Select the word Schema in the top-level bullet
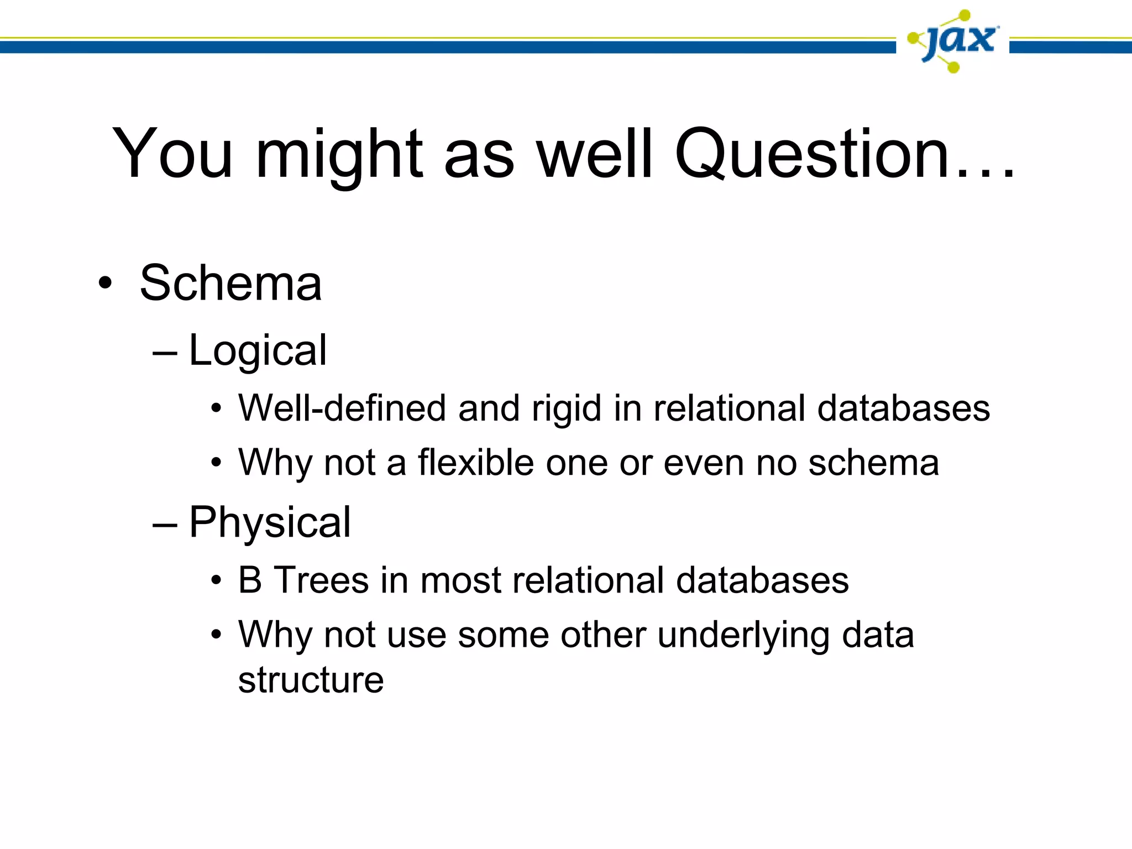pos(230,283)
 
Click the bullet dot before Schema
pos(104,284)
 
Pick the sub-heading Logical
pos(258,352)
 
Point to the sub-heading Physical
pos(270,523)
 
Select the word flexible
pos(475,463)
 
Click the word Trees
pos(321,580)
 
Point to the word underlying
pos(743,636)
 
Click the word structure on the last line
pos(311,680)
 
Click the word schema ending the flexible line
pos(873,463)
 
